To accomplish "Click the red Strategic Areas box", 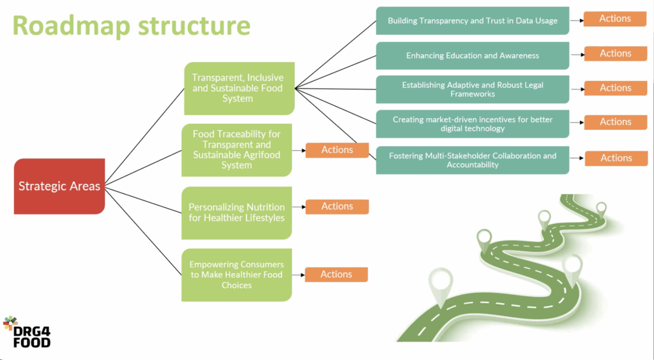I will click(x=59, y=186).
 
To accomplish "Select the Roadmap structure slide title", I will click(x=131, y=26).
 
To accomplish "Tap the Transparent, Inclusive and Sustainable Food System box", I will click(x=238, y=88).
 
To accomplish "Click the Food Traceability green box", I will click(x=236, y=149).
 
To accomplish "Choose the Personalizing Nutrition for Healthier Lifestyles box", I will click(x=236, y=212).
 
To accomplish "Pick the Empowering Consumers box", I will click(x=236, y=274).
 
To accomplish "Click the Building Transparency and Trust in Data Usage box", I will click(x=472, y=20).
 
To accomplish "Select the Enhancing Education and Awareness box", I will click(x=472, y=56).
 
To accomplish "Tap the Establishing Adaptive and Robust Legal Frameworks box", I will click(x=472, y=89).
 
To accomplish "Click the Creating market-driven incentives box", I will click(x=472, y=124).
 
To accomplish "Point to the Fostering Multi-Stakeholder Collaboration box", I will click(x=472, y=160).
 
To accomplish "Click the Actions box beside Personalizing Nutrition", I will click(x=337, y=206).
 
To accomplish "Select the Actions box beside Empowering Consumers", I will click(x=336, y=274).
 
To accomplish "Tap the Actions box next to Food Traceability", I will click(x=337, y=150).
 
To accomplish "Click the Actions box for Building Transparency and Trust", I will click(x=614, y=19).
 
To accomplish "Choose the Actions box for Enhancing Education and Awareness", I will click(x=615, y=54).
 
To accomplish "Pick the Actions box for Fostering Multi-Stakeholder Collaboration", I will click(x=616, y=158).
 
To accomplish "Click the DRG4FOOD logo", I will click(x=27, y=332).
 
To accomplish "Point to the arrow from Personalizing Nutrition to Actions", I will click(x=298, y=207).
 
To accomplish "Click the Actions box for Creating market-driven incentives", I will click(x=615, y=122).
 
